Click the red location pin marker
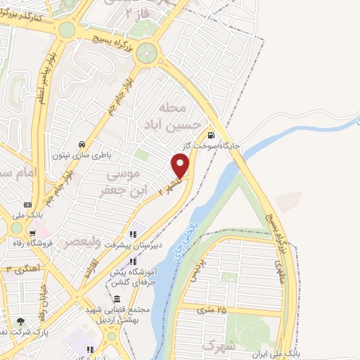pos(181,166)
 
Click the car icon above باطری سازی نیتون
pos(83,140)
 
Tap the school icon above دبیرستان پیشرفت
pos(132,236)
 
